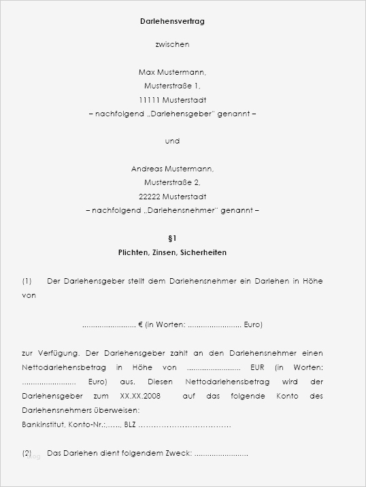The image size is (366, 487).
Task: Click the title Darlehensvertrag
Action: click(x=172, y=22)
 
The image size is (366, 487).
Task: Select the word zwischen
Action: click(x=172, y=45)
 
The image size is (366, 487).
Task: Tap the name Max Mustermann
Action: click(x=172, y=72)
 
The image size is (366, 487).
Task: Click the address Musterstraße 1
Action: click(x=172, y=86)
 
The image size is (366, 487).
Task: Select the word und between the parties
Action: click(x=172, y=141)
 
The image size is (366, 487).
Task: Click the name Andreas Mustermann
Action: click(x=172, y=169)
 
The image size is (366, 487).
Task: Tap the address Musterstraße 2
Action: click(x=172, y=183)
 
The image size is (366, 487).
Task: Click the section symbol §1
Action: click(x=172, y=238)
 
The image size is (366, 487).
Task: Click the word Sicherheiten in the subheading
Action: click(x=203, y=252)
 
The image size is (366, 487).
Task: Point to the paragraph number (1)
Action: click(x=27, y=281)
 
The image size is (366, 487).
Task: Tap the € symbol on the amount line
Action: click(x=140, y=325)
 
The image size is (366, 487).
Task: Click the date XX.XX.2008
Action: click(x=140, y=396)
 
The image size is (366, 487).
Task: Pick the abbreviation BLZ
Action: click(x=130, y=424)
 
